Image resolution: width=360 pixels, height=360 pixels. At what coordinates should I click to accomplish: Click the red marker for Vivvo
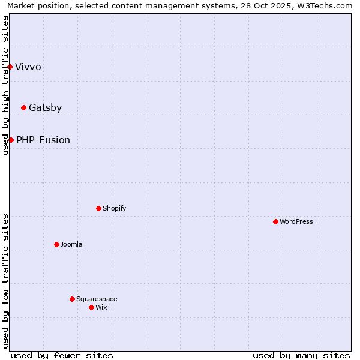pos(10,67)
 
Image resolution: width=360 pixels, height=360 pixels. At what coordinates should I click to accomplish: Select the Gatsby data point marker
pos(24,108)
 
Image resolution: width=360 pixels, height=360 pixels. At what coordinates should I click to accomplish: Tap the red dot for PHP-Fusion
pos(11,140)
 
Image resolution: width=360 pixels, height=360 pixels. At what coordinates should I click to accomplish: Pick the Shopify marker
pos(98,209)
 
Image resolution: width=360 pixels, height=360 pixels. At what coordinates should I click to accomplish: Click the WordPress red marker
pos(275,222)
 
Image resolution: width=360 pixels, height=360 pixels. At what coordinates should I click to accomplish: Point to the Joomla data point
pos(56,244)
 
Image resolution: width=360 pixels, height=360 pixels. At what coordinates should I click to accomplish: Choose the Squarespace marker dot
pos(72,299)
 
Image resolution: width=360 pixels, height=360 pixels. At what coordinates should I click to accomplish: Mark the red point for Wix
pos(91,307)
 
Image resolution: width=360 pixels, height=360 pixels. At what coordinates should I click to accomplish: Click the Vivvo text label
pos(28,67)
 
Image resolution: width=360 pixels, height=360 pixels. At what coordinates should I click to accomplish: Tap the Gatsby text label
pos(46,108)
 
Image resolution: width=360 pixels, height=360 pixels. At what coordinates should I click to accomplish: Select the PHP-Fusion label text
pos(43,140)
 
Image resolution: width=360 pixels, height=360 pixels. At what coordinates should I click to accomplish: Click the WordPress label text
pos(296,222)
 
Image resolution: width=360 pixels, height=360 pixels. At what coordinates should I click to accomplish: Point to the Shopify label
pos(115,209)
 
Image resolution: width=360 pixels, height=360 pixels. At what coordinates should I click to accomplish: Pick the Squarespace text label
pos(97,299)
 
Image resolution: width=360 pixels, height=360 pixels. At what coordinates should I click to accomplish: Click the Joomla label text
pos(71,245)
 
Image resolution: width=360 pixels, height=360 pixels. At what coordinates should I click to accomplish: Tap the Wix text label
pos(101,308)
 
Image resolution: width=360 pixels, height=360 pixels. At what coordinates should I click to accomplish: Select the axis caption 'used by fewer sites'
pos(62,355)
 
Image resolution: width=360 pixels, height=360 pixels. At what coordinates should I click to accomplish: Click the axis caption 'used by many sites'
pos(301,355)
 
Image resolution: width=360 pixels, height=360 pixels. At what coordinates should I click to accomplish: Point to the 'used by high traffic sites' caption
pos(6,85)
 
